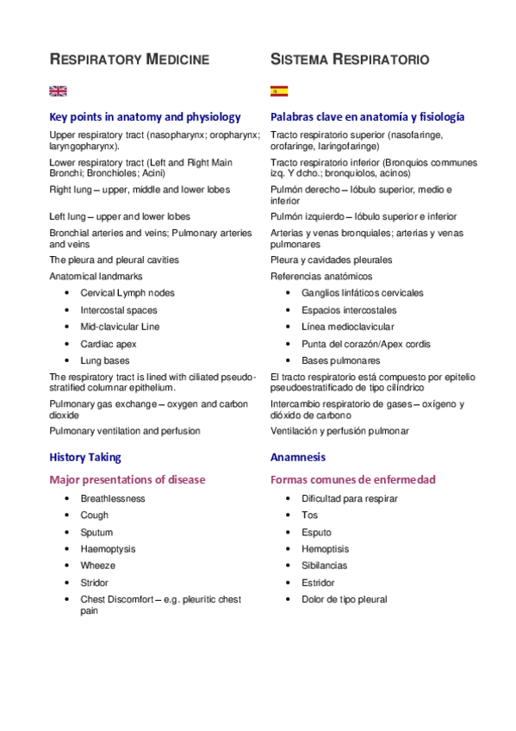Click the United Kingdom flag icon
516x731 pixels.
click(58, 91)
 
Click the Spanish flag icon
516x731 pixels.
click(279, 91)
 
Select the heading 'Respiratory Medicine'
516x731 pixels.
click(129, 59)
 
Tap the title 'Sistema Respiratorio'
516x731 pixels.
click(350, 59)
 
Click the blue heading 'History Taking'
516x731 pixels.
click(85, 457)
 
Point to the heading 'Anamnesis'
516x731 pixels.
click(298, 457)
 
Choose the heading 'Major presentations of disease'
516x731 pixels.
click(127, 479)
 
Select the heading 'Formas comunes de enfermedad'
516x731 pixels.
click(353, 479)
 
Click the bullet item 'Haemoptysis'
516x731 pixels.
click(108, 549)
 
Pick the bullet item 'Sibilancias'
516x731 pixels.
click(325, 565)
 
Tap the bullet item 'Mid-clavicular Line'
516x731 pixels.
click(120, 327)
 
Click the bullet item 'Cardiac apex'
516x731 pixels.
click(109, 344)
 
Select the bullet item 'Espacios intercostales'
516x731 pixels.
click(349, 310)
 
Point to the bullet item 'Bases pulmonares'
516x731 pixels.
click(340, 361)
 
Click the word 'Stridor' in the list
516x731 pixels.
click(95, 583)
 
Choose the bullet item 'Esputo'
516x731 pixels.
click(316, 533)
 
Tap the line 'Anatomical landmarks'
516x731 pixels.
click(96, 277)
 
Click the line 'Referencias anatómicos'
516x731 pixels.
click(321, 277)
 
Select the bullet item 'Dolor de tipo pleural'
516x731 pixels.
click(345, 599)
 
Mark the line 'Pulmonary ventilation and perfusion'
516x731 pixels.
click(125, 431)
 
